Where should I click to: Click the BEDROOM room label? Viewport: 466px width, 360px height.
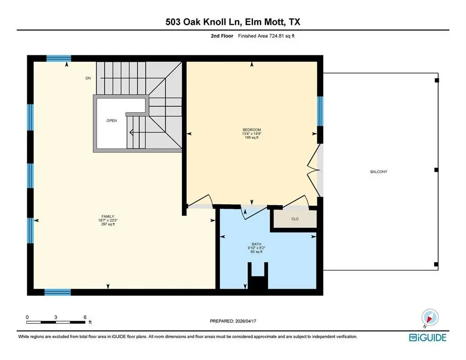pyautogui.click(x=252, y=130)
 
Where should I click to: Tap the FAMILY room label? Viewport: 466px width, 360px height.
pyautogui.click(x=108, y=217)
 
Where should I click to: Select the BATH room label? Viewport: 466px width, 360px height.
pyautogui.click(x=256, y=244)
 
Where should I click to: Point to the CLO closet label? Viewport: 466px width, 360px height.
pyautogui.click(x=295, y=219)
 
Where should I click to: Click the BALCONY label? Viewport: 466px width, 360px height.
pyautogui.click(x=379, y=172)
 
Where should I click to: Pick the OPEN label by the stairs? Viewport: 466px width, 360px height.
pyautogui.click(x=112, y=120)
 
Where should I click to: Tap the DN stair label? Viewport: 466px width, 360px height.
pyautogui.click(x=88, y=78)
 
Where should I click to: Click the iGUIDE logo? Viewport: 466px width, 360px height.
pyautogui.click(x=428, y=337)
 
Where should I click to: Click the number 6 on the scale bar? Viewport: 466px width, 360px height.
pyautogui.click(x=85, y=317)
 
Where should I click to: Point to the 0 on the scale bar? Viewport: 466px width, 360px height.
pyautogui.click(x=27, y=317)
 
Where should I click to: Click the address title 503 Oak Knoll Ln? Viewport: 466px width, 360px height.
pyautogui.click(x=203, y=22)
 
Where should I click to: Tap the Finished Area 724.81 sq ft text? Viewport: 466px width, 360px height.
pyautogui.click(x=266, y=36)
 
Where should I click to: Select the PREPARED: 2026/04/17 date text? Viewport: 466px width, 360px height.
pyautogui.click(x=233, y=321)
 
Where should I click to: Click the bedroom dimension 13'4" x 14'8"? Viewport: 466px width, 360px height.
pyautogui.click(x=252, y=134)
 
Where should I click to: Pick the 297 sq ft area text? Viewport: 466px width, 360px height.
pyautogui.click(x=108, y=224)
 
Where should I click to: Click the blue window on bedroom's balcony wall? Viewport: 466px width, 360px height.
pyautogui.click(x=320, y=111)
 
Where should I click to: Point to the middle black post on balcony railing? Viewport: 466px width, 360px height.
pyautogui.click(x=436, y=170)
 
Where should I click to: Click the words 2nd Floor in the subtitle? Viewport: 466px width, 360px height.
pyautogui.click(x=222, y=36)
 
